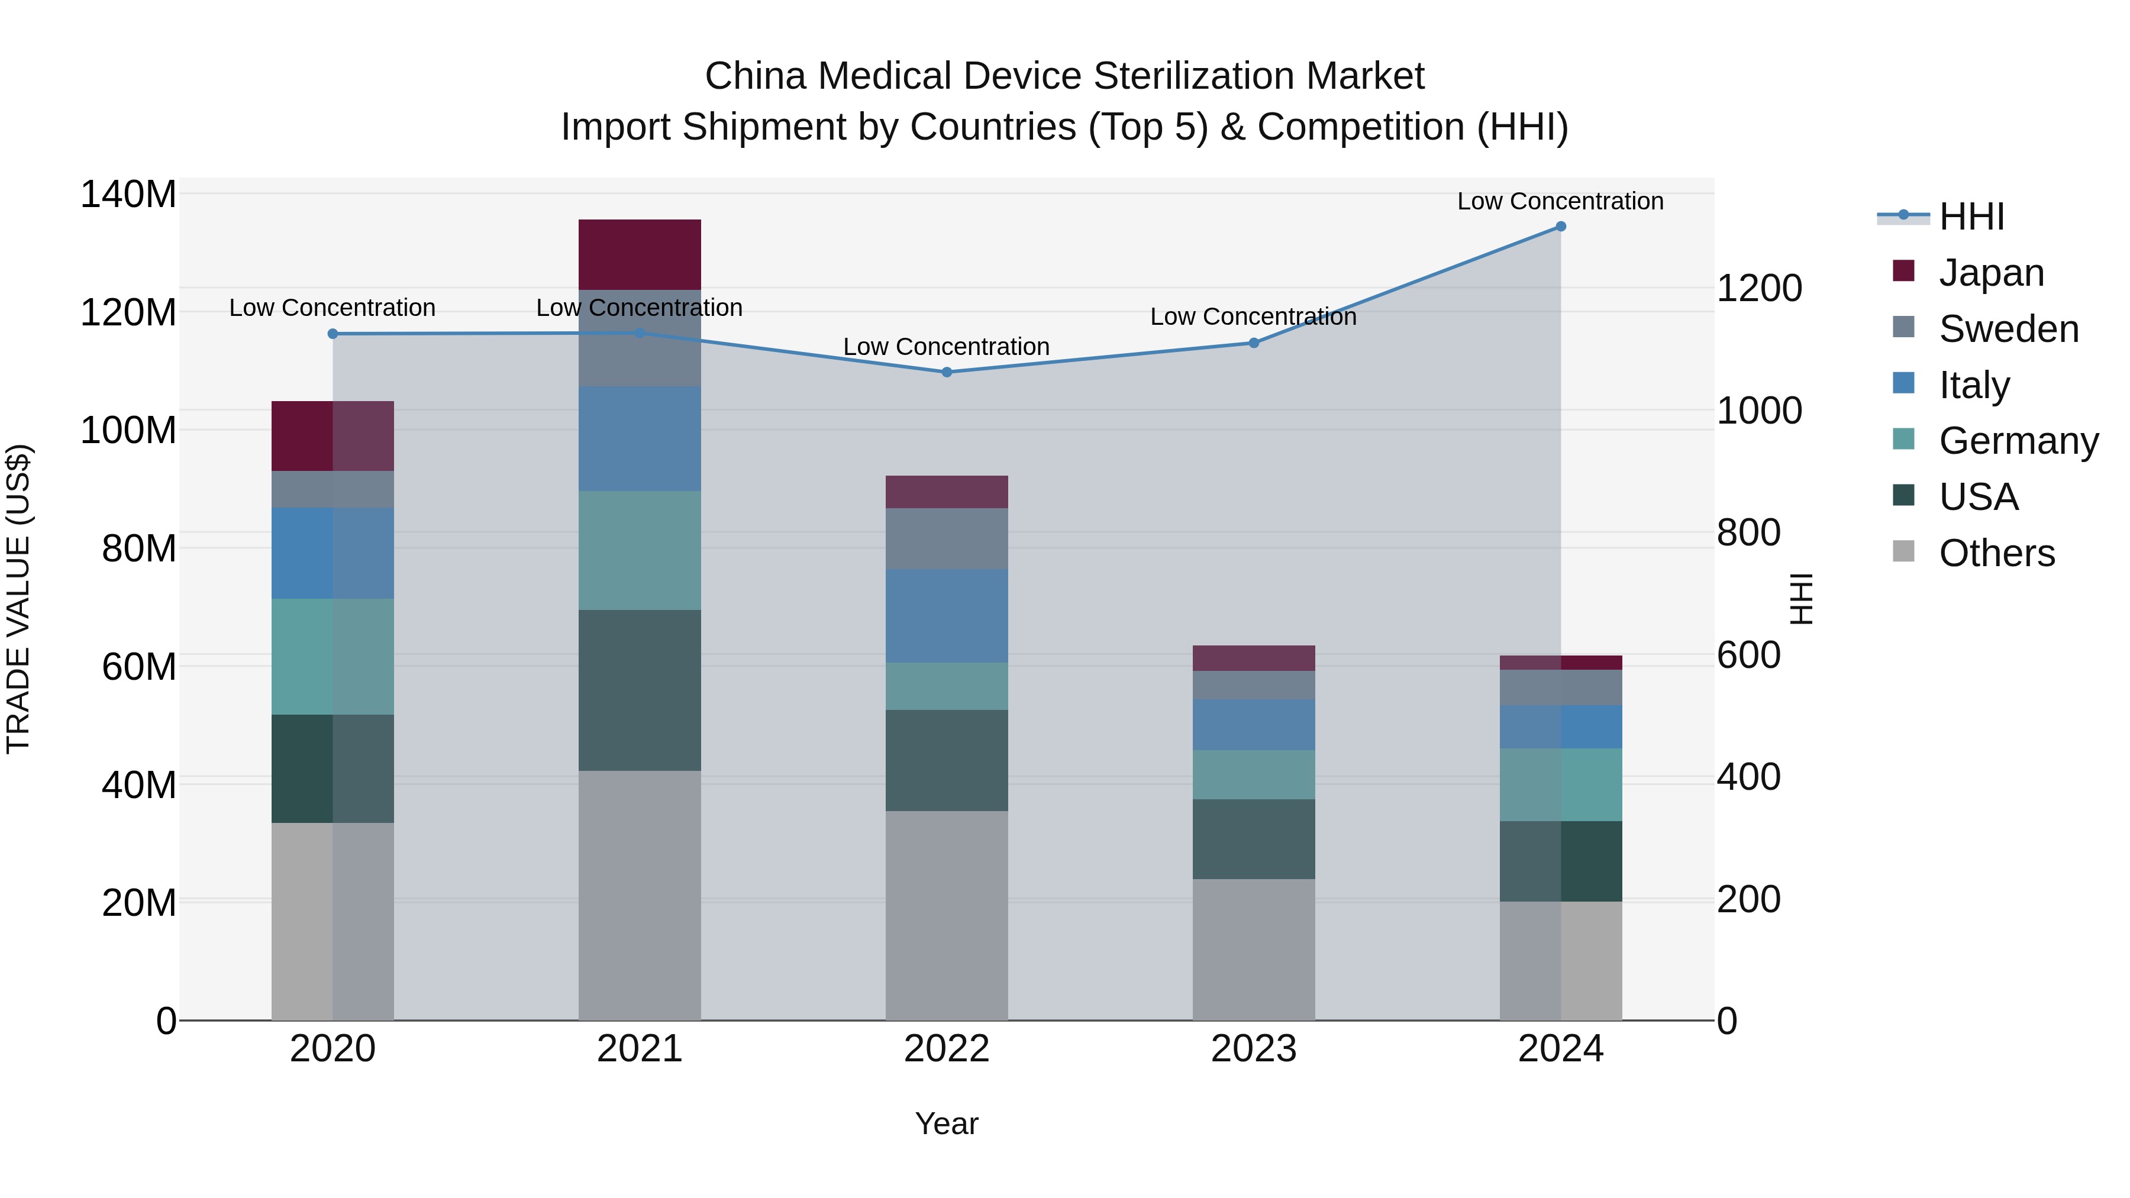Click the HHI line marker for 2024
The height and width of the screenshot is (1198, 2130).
[x=1560, y=227]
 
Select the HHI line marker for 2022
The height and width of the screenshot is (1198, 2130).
[x=947, y=372]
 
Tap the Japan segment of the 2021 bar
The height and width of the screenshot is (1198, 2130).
[x=639, y=254]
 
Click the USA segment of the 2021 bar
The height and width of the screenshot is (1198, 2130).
[x=639, y=690]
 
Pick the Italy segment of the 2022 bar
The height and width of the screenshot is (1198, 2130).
[x=947, y=615]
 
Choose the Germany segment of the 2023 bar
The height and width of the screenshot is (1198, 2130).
[x=1254, y=774]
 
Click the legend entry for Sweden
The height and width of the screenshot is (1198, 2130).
[x=2008, y=329]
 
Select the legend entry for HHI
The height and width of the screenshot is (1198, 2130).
[x=1971, y=217]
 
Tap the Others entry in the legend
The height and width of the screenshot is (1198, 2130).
[x=1996, y=553]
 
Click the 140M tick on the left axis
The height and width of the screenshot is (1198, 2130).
[x=128, y=195]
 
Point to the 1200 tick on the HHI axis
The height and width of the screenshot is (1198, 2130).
[x=1759, y=289]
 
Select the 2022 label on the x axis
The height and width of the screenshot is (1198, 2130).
[x=947, y=1049]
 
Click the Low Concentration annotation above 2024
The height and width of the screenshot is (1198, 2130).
[x=1560, y=201]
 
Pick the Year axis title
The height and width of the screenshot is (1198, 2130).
[x=947, y=1123]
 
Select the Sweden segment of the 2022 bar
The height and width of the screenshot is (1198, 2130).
[x=947, y=538]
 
